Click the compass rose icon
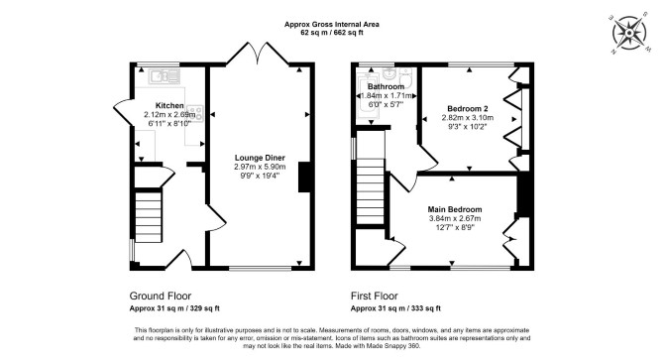[629, 33]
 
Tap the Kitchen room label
[169, 105]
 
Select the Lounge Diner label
[260, 158]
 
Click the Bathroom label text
[386, 87]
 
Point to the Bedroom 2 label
[468, 109]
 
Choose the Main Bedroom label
[454, 209]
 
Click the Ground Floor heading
[161, 296]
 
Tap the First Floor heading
[375, 296]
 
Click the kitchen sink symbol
[165, 76]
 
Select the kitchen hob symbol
[195, 112]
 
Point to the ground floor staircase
[149, 215]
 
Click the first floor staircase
[371, 191]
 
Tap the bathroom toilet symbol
[405, 76]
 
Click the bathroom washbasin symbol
[388, 73]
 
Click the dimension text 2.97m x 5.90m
[260, 167]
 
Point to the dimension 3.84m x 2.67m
[455, 218]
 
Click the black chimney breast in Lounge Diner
[304, 177]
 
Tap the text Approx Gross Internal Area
[332, 25]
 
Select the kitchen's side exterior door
[122, 111]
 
